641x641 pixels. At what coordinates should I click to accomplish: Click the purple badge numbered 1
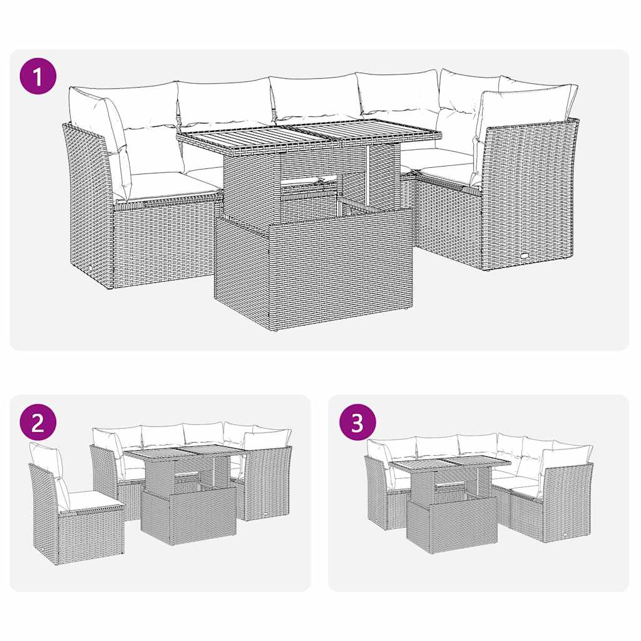(x=38, y=76)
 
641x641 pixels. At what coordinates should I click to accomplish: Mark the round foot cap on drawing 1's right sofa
(x=523, y=256)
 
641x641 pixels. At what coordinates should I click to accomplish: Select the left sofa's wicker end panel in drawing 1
(x=88, y=207)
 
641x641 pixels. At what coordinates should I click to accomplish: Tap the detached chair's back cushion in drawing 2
(x=47, y=460)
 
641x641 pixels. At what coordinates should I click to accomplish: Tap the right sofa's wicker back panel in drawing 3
(x=567, y=501)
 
